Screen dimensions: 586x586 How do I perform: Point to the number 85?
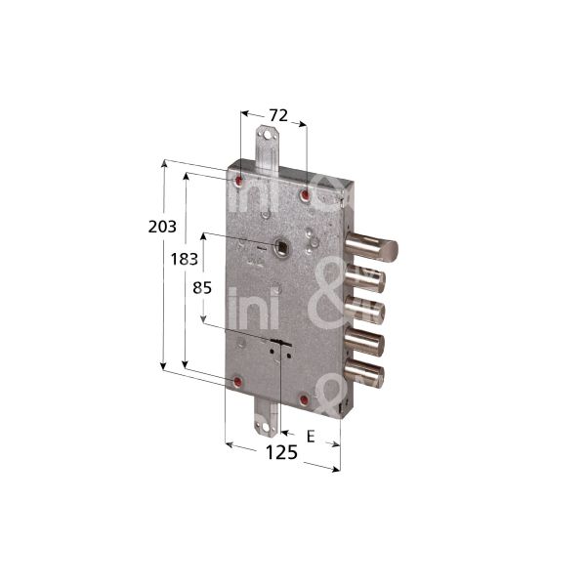click(202, 287)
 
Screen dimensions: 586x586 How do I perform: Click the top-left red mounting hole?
click(239, 180)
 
